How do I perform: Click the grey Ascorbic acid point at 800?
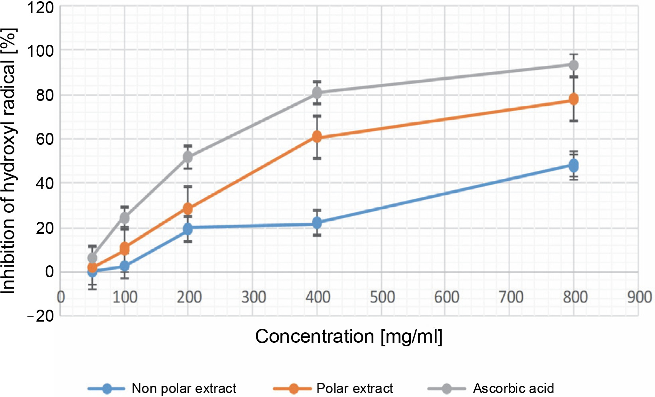(574, 65)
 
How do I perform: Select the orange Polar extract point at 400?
(317, 137)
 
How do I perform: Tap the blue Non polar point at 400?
(317, 223)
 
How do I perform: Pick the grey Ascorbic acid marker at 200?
(187, 157)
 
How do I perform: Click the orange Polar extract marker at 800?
(574, 99)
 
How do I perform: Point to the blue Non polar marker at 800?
(574, 165)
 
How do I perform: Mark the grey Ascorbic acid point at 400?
(317, 93)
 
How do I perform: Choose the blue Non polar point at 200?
(187, 229)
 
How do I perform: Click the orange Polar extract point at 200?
(187, 208)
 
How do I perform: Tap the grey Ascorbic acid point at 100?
(125, 218)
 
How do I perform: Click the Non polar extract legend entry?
(183, 388)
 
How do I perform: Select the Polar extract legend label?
(354, 388)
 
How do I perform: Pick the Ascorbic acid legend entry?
(513, 388)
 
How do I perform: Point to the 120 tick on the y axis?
(40, 7)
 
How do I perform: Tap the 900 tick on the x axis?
(639, 297)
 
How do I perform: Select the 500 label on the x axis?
(382, 297)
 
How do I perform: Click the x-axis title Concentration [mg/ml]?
(349, 336)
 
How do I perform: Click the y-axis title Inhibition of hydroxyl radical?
(9, 161)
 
